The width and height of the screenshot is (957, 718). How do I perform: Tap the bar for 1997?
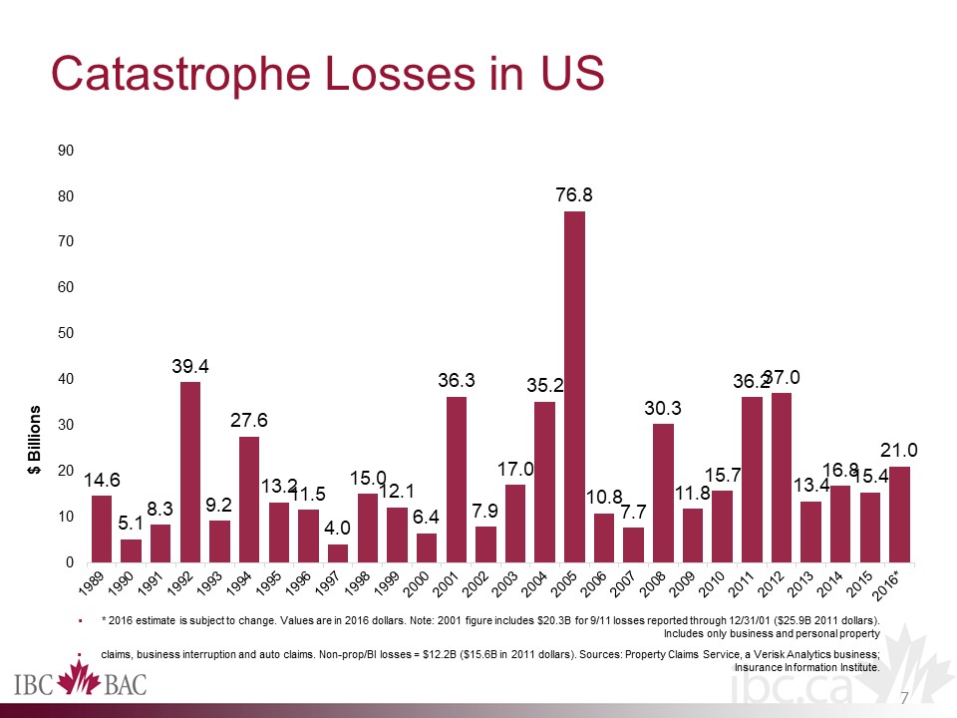tap(338, 552)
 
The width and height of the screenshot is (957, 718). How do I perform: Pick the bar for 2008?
tap(663, 493)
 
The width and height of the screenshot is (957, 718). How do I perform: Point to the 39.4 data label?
tap(190, 365)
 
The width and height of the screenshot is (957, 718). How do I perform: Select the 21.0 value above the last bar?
tap(899, 451)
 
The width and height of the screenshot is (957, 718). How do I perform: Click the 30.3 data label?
tap(663, 408)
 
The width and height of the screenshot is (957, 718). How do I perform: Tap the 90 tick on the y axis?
tap(67, 151)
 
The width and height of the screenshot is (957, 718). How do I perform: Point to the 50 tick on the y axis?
tap(67, 333)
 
